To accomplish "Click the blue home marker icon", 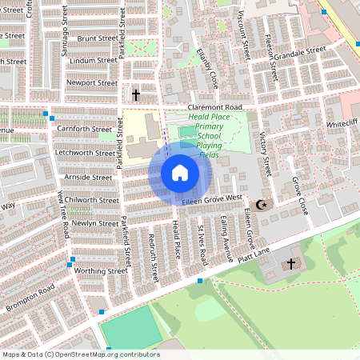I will pos(179,172).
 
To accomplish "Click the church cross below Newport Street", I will pos(135,95).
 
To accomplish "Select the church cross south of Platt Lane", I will pos(291,263).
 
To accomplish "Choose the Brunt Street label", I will pos(98,38).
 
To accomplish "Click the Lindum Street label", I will pos(93,60).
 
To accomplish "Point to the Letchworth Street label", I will pos(83,152).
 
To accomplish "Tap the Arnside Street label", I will pos(90,177).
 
